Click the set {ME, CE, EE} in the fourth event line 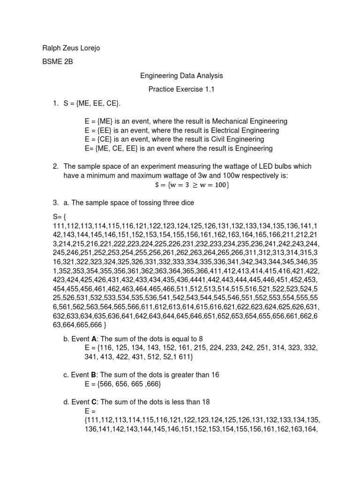point(116,149)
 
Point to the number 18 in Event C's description point(204,402)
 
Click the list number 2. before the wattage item point(55,167)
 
